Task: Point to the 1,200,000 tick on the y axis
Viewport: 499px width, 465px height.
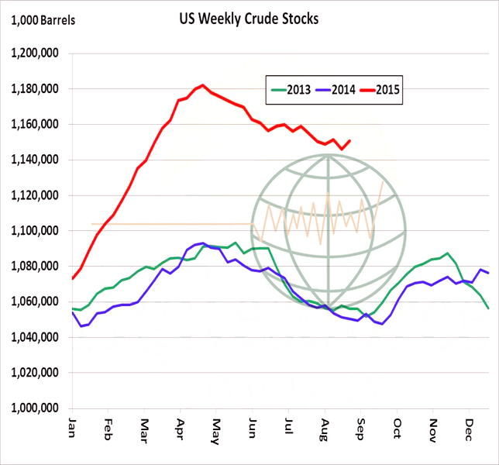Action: tap(38, 53)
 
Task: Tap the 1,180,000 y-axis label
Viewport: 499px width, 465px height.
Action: tap(38, 89)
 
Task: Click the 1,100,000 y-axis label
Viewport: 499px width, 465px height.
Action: tap(38, 231)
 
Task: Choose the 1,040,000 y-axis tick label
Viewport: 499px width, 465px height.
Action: tap(38, 337)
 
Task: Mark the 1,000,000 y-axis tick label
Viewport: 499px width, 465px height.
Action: tap(38, 408)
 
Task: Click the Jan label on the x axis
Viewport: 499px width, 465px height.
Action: tap(72, 428)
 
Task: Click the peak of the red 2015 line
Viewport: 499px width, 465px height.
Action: tap(202, 85)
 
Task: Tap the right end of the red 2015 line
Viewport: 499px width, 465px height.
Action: tap(350, 141)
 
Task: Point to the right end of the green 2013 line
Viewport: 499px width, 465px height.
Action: tap(487, 308)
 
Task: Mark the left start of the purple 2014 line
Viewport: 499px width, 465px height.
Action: tap(72, 312)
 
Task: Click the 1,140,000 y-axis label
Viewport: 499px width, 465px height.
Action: tap(38, 160)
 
